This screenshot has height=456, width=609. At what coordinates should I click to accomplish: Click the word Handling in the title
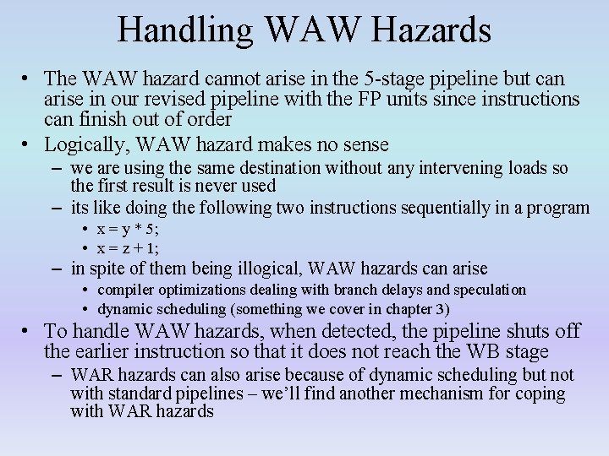point(185,30)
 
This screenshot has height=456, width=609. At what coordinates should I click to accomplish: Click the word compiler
point(127,290)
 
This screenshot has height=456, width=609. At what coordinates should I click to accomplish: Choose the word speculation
point(490,290)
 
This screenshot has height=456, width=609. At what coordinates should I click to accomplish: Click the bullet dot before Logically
point(29,144)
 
